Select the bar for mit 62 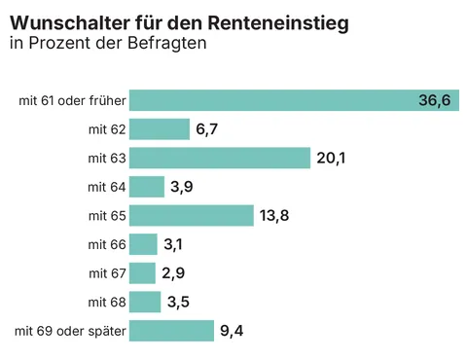pyautogui.click(x=160, y=129)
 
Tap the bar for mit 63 pyautogui.click(x=220, y=158)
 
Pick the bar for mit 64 pyautogui.click(x=147, y=187)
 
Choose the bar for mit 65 pyautogui.click(x=192, y=215)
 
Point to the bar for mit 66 pyautogui.click(x=143, y=244)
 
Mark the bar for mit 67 pyautogui.click(x=142, y=272)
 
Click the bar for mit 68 pyautogui.click(x=145, y=302)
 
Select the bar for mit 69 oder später pyautogui.click(x=171, y=331)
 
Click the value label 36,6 pyautogui.click(x=434, y=100)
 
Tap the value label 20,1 pyautogui.click(x=331, y=158)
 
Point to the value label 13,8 pyautogui.click(x=274, y=215)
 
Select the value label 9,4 pyautogui.click(x=232, y=331)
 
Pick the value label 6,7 pyautogui.click(x=206, y=129)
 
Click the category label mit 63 pyautogui.click(x=107, y=158)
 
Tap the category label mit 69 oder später pyautogui.click(x=70, y=331)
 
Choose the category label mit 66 pyautogui.click(x=107, y=244)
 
